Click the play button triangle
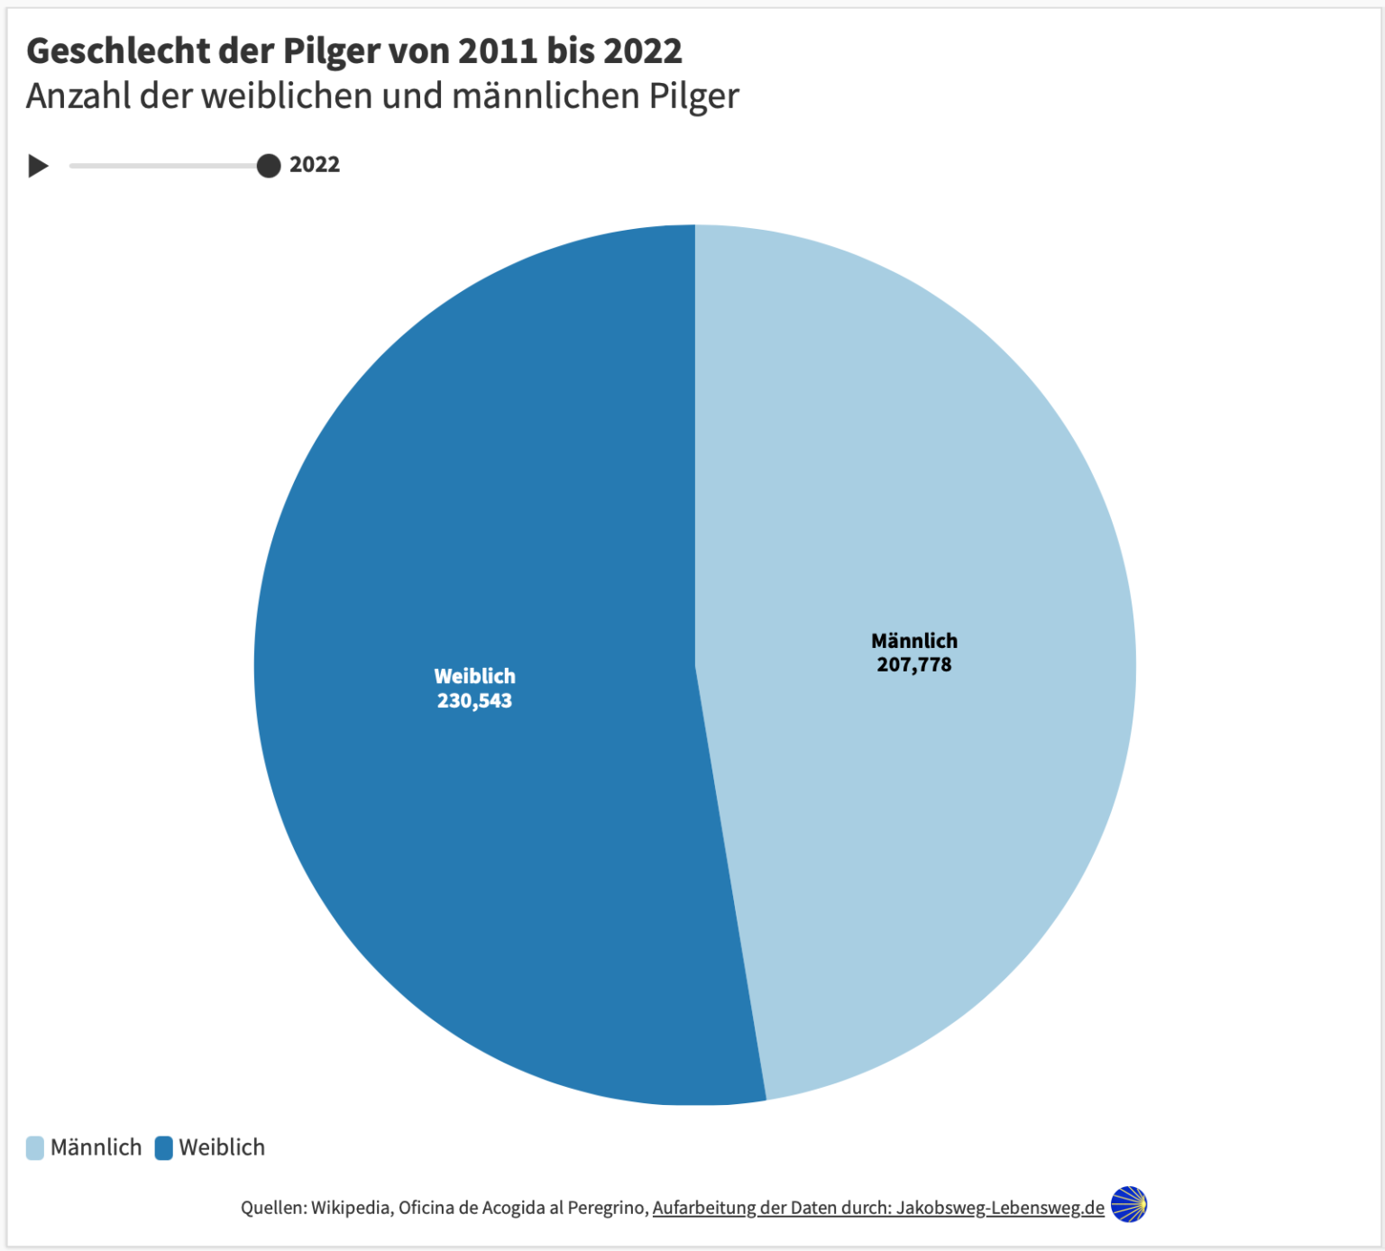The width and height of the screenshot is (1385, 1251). tap(38, 166)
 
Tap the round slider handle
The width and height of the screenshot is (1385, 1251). tap(269, 166)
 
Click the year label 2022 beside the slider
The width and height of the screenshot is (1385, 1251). tap(315, 165)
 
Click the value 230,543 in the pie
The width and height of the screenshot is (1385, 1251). tap(474, 701)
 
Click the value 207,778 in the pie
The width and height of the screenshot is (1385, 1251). tap(914, 665)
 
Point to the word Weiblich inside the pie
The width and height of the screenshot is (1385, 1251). tap(474, 676)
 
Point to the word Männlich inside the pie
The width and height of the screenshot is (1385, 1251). tap(914, 641)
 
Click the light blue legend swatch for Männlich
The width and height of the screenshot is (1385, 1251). tap(35, 1147)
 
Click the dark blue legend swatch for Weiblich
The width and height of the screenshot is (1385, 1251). tap(164, 1147)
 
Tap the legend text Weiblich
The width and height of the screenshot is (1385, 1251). tap(222, 1147)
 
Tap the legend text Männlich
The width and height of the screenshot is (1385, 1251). tap(96, 1147)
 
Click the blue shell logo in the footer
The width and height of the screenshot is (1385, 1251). tap(1129, 1204)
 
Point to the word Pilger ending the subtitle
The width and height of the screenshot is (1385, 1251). tap(693, 96)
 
